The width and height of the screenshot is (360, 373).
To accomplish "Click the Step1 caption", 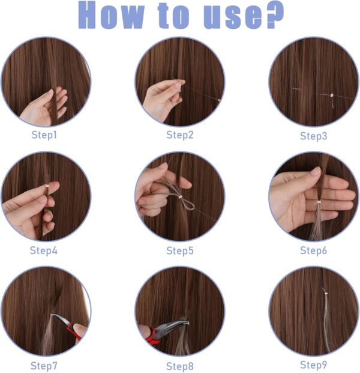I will coord(44,135).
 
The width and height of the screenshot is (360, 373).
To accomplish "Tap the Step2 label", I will coord(179,135).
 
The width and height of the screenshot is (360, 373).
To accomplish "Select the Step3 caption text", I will coord(313,136).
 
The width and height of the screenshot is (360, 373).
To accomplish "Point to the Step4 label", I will coord(44,250).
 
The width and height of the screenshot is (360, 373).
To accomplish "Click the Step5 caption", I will coord(179,250).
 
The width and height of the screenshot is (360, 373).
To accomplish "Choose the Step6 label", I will coord(313,250).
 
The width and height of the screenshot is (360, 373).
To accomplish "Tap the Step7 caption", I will coord(44,365).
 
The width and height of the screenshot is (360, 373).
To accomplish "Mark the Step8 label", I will coord(179,366).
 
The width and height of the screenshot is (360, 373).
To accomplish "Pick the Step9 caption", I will coord(313,365).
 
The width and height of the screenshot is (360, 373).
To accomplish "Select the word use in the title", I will coord(223,17).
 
